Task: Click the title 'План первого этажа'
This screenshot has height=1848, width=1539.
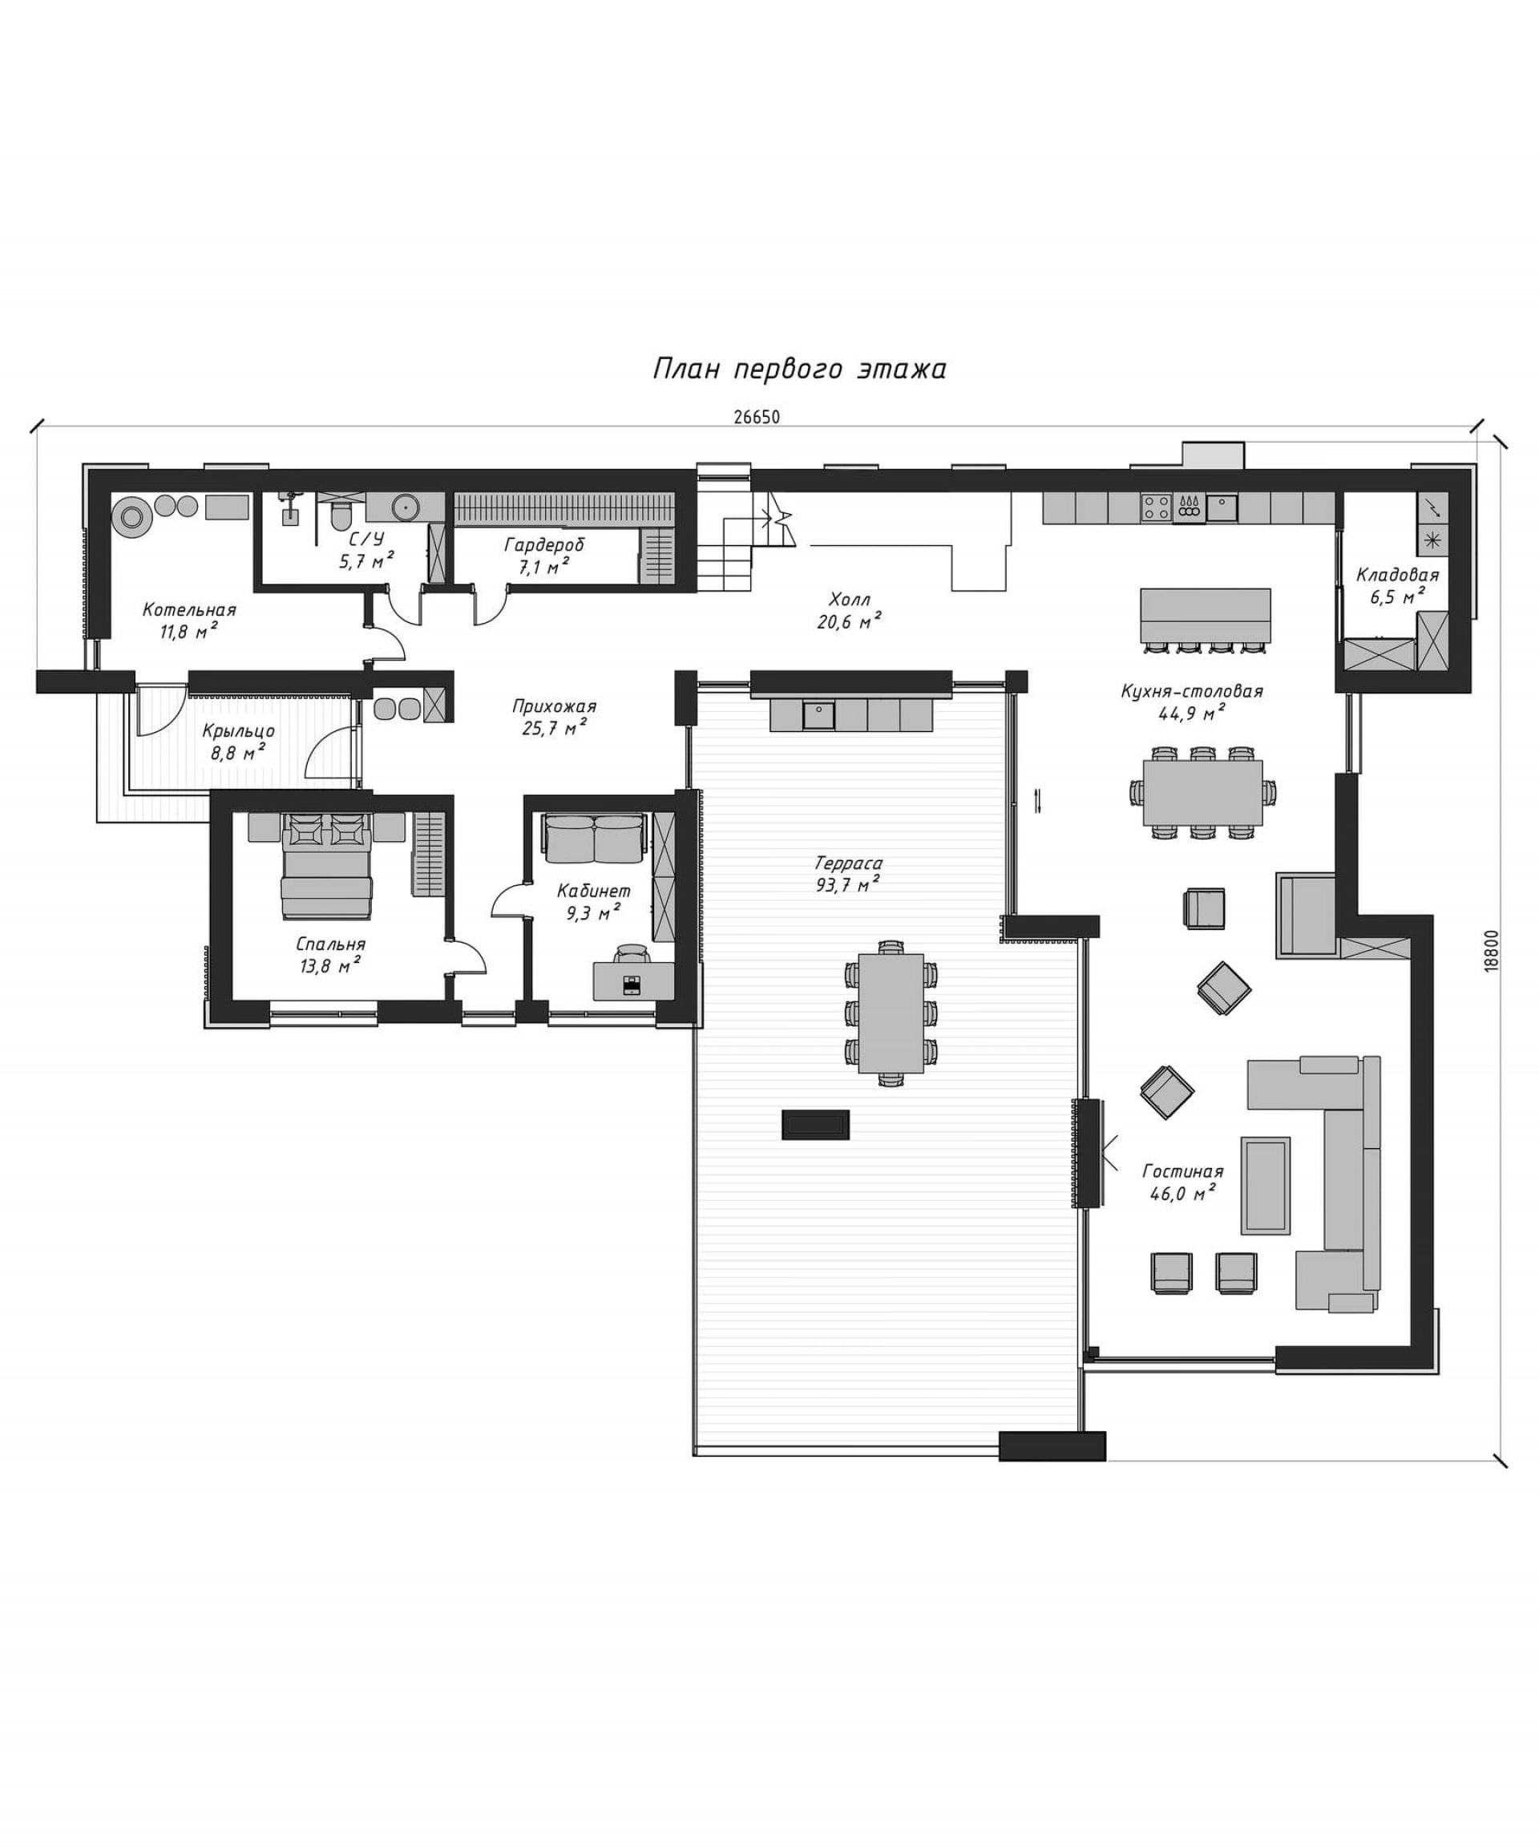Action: tap(799, 368)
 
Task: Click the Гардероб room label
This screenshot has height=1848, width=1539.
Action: tap(543, 544)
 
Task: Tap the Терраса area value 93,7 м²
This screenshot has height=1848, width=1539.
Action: tap(848, 884)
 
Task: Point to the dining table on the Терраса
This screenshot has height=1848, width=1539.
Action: tap(891, 1013)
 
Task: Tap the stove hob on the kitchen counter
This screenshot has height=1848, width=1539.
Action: tap(1155, 506)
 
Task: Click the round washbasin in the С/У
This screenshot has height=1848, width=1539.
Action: tap(406, 506)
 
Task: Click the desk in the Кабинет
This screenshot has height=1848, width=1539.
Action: tap(633, 981)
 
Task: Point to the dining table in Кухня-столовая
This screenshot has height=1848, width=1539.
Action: tap(1202, 792)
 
